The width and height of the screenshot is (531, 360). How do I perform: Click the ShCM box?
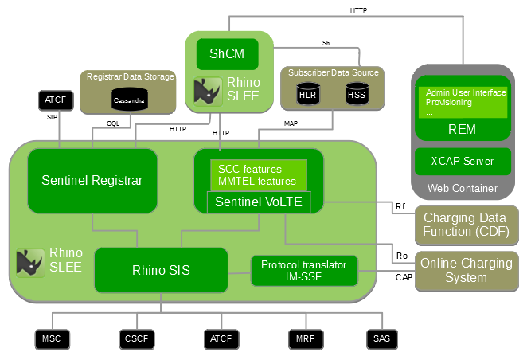tap(228, 53)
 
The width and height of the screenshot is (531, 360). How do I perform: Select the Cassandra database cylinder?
tap(124, 98)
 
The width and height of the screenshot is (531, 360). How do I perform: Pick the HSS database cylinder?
tap(356, 96)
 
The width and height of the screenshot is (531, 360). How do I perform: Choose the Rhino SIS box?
tap(161, 270)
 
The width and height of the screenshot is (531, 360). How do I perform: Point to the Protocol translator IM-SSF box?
tap(304, 271)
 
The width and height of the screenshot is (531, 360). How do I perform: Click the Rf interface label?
tap(400, 207)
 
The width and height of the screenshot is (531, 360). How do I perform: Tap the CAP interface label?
tap(404, 278)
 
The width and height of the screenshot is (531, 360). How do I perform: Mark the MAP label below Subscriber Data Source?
tap(291, 123)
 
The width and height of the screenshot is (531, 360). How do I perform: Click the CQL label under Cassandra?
tap(112, 123)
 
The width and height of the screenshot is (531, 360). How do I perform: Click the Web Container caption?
tap(463, 189)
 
